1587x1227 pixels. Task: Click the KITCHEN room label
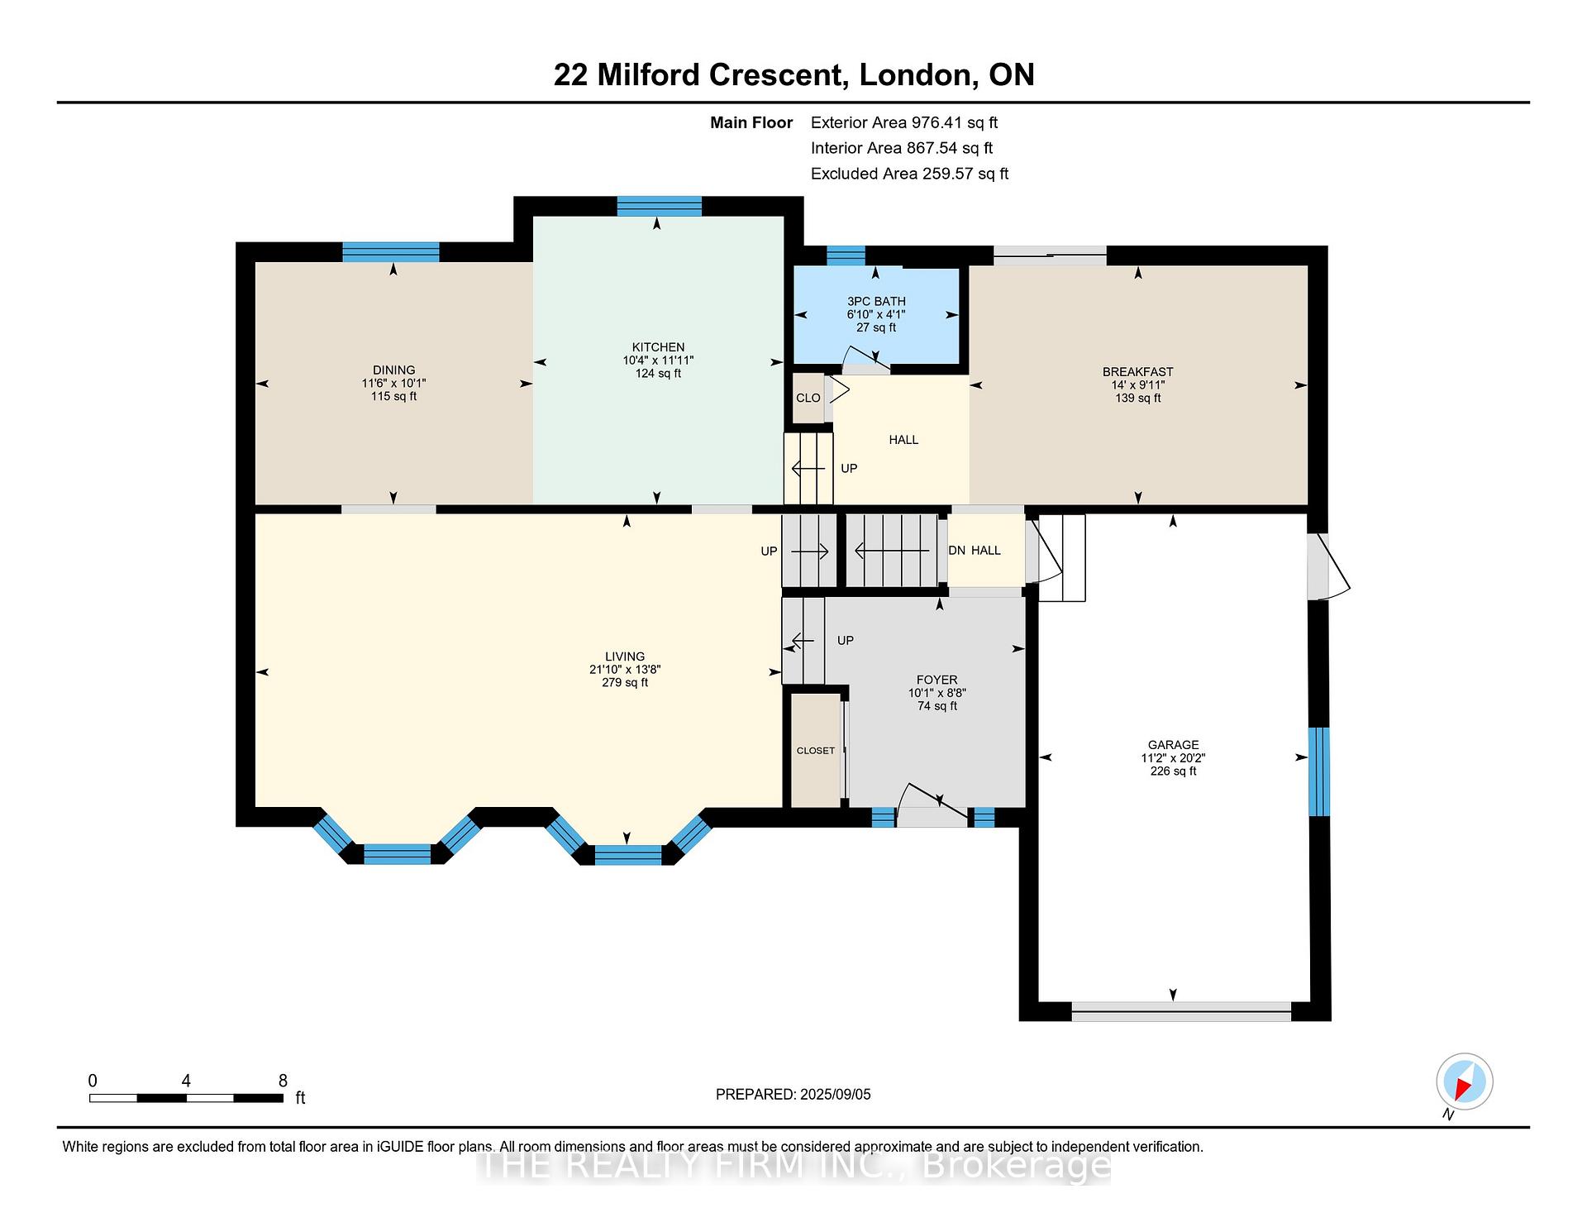coord(658,347)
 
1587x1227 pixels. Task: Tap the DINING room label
coord(393,370)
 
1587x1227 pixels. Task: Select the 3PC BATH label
coord(876,302)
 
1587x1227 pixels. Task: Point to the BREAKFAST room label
coord(1137,372)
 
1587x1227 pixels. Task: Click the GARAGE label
coord(1173,745)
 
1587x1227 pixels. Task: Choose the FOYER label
coord(936,680)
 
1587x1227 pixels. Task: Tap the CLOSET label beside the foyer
coord(816,751)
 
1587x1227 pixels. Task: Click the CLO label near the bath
coord(808,398)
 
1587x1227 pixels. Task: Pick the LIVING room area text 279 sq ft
coord(625,683)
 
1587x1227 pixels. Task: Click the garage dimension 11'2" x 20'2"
coord(1173,758)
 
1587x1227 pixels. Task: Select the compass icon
coord(1465,1081)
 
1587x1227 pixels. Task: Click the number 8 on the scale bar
coord(283,1081)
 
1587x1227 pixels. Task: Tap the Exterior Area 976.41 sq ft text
coord(904,122)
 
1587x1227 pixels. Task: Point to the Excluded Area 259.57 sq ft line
coord(909,174)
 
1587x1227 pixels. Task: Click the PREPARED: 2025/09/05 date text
coord(793,1094)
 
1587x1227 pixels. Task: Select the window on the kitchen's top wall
coord(659,206)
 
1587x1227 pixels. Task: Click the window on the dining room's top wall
coord(391,252)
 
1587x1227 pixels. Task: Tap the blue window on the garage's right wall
coord(1319,771)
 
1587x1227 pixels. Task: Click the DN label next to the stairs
coord(957,551)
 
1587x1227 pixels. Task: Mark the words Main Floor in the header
coord(751,122)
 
